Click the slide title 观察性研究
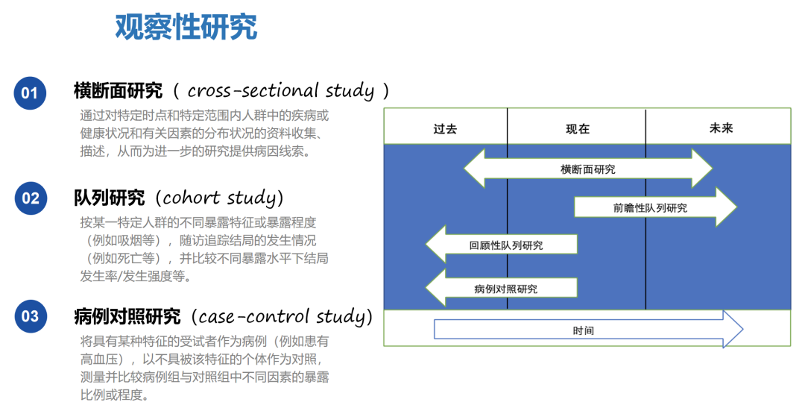tap(186, 27)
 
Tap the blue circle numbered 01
tap(30, 93)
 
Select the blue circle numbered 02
tap(30, 198)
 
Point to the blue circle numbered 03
tap(30, 316)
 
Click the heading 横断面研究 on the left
tap(118, 91)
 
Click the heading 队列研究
tap(109, 198)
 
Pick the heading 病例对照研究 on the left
tap(127, 316)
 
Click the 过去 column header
tap(445, 128)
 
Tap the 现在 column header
tap(578, 128)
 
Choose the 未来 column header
tap(721, 128)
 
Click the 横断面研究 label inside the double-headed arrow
tap(588, 169)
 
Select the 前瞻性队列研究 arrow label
tap(650, 208)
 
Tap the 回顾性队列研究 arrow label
tap(506, 245)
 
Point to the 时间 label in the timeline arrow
tap(584, 330)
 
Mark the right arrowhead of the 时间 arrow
tap(733, 329)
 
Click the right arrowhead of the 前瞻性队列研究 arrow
tap(726, 207)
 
